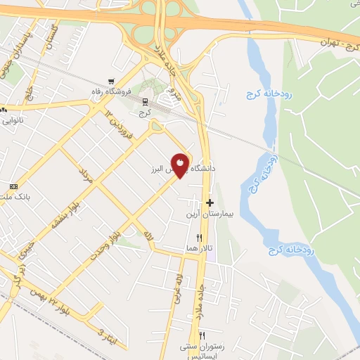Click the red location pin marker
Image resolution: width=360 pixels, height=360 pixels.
click(x=181, y=164)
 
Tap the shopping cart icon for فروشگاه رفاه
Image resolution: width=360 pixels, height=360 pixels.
click(x=110, y=81)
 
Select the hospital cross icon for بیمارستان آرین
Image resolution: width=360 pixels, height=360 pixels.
click(x=210, y=202)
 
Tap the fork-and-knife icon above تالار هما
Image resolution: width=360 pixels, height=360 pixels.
click(x=200, y=238)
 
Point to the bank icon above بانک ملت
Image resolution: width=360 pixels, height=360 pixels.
click(x=13, y=186)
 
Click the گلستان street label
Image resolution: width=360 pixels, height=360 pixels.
click(x=49, y=34)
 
